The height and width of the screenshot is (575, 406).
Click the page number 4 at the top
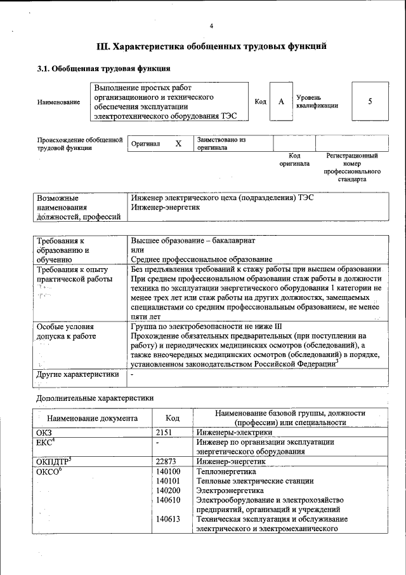[211, 25]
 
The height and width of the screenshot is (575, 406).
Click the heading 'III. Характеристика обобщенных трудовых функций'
[211, 46]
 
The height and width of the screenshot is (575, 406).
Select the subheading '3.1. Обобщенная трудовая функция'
[103, 68]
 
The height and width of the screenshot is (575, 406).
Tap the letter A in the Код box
[280, 101]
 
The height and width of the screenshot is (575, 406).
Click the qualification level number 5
[370, 101]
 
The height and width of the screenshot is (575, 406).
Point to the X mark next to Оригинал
[178, 144]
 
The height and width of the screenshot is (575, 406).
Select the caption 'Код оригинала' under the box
[294, 159]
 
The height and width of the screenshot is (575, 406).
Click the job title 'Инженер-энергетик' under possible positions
[165, 207]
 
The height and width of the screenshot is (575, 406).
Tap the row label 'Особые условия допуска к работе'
[65, 331]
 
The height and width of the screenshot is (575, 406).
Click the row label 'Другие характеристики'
[78, 374]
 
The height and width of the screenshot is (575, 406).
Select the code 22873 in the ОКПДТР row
[166, 461]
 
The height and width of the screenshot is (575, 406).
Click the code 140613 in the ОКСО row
[169, 519]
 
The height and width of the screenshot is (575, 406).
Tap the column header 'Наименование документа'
[92, 418]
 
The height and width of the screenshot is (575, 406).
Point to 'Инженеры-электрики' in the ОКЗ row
[229, 432]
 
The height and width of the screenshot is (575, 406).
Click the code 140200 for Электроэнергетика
[169, 490]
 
